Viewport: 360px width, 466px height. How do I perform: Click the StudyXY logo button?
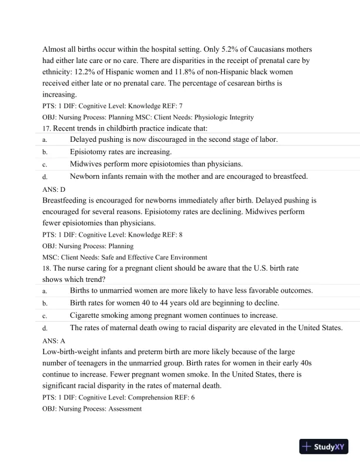tap(323, 447)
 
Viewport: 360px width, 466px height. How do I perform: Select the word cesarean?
tap(231, 83)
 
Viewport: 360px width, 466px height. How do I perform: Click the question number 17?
tap(47, 128)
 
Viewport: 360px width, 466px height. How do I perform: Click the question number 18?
tap(47, 268)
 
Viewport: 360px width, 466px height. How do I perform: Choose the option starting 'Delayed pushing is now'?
tap(174, 139)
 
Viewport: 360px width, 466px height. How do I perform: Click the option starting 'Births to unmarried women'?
tap(191, 291)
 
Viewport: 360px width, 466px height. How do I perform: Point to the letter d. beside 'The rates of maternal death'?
tap(45, 328)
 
